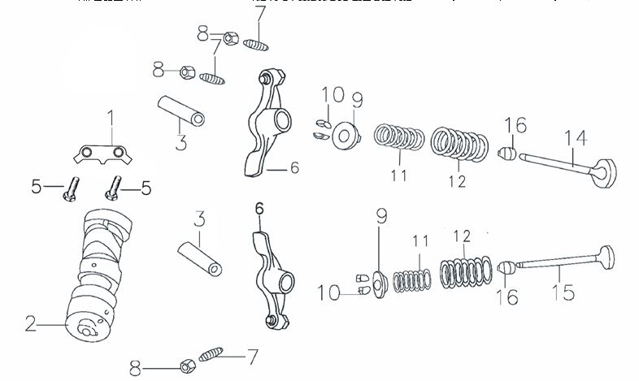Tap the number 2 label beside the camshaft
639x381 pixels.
coord(30,324)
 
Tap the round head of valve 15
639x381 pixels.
coord(607,253)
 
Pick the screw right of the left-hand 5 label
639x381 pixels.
coord(71,188)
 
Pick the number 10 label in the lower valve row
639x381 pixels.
coord(330,292)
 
